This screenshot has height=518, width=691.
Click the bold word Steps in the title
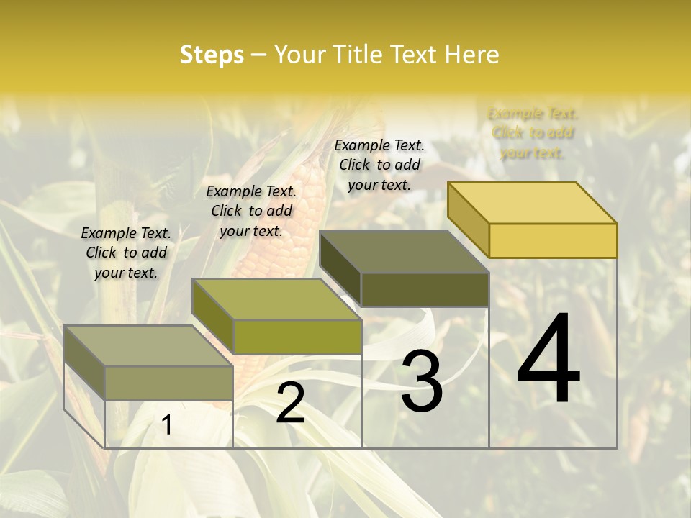coord(212,55)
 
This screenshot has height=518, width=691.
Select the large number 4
coord(548,360)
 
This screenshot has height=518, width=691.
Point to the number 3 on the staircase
coord(421,381)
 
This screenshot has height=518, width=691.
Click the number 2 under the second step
coord(290,403)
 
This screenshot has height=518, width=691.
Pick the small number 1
coord(166,425)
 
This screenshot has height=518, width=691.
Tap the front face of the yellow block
coord(553,240)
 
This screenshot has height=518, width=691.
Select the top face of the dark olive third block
coord(404,252)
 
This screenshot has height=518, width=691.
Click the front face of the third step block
coord(425,289)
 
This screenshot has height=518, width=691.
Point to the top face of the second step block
coord(276,299)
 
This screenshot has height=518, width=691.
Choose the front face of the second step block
coord(297,337)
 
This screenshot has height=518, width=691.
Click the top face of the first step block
coord(148,345)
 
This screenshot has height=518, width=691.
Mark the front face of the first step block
coord(168,383)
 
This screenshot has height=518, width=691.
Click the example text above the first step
coord(126,253)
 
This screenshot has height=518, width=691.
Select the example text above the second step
coord(251,211)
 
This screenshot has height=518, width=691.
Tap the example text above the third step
coord(379,165)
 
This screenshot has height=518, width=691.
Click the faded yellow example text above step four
coord(533,133)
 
